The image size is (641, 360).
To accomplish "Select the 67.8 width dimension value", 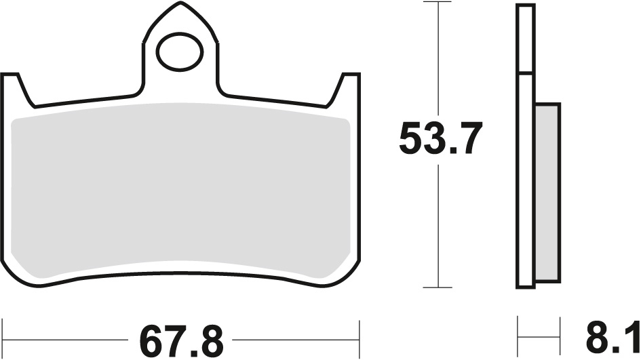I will point(181,337).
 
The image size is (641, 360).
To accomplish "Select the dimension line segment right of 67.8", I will point(298,337).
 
